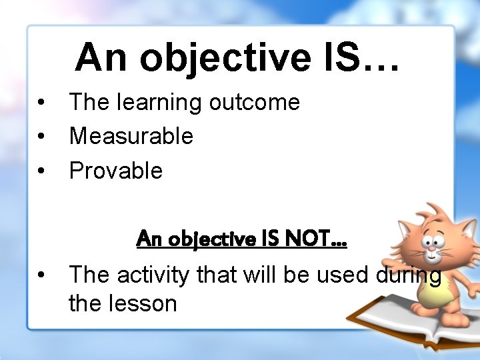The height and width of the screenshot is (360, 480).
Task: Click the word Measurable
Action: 131,136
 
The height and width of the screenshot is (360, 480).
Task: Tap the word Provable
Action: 115,171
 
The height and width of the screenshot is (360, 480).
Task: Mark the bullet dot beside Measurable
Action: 41,137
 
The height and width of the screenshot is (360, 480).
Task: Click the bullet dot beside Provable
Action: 41,171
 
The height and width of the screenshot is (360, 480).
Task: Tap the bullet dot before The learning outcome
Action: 41,103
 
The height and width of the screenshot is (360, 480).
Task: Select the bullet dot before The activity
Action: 41,274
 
